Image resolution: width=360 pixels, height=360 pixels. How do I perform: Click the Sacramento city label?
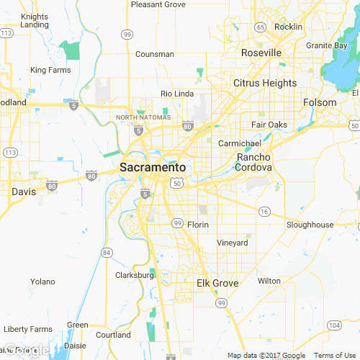tap(152, 167)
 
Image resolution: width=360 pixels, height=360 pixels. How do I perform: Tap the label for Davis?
tap(24, 192)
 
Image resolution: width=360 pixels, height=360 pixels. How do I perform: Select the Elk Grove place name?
tap(217, 283)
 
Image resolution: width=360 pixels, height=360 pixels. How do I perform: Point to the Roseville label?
tap(261, 53)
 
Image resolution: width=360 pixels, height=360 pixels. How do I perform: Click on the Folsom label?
tap(320, 102)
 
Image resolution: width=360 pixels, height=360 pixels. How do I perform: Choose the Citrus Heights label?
tap(265, 83)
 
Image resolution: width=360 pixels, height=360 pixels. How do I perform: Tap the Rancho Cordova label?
tap(254, 162)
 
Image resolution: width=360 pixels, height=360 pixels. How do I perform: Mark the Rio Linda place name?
tap(176, 94)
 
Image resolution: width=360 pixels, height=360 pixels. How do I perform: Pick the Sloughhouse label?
tap(310, 225)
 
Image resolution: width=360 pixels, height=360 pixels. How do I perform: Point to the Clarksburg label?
tap(135, 275)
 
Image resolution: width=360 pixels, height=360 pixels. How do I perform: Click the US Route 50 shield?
tap(177, 184)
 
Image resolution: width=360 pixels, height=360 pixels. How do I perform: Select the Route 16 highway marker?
tap(264, 211)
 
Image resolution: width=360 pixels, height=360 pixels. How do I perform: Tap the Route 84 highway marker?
tap(107, 252)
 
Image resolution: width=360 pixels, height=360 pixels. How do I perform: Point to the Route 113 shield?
tap(10, 153)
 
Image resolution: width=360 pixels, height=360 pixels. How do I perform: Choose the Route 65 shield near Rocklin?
tap(260, 27)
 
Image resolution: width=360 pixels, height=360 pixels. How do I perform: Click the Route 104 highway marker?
tap(333, 325)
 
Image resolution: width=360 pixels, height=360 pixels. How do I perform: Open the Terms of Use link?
tap(335, 355)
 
